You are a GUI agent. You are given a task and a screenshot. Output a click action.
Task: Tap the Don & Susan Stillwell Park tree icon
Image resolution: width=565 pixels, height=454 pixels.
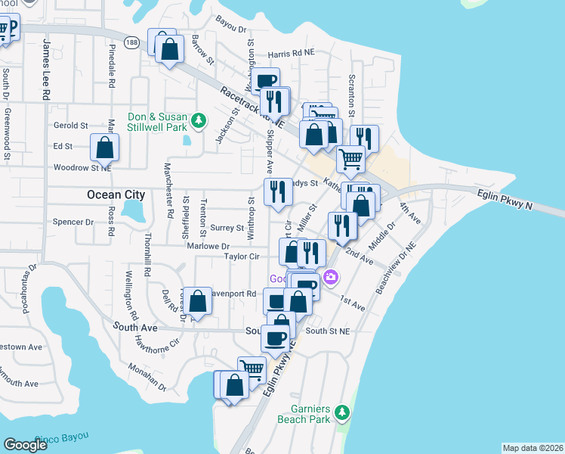198,120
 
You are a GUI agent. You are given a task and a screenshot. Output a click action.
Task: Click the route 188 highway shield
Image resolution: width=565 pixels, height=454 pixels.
133,43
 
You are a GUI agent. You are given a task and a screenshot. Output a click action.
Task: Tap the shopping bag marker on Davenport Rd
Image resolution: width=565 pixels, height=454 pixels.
198,301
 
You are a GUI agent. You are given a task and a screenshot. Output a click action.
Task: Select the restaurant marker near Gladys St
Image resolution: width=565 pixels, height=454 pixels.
277,191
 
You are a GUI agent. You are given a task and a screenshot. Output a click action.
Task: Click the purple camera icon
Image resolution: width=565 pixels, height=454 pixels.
330,278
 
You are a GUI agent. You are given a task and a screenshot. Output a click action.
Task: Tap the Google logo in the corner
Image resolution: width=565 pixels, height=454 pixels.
26,444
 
